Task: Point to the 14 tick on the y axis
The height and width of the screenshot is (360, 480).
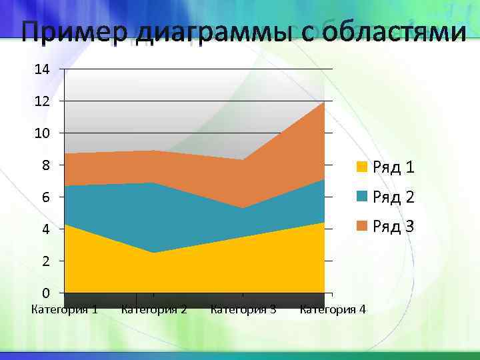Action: click(43, 69)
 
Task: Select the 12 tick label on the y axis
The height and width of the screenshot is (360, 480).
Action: click(43, 101)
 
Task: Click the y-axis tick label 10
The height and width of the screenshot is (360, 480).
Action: click(43, 133)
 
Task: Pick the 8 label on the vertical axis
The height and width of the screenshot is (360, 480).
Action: click(45, 165)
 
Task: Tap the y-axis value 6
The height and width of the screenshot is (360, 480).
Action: click(45, 197)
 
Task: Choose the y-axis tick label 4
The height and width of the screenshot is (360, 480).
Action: click(45, 229)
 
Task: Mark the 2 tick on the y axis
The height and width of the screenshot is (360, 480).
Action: click(45, 261)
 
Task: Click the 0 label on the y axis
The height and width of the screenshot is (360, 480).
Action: click(45, 293)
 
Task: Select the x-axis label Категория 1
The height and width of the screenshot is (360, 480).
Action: click(65, 309)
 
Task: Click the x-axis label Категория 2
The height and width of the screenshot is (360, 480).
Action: click(154, 309)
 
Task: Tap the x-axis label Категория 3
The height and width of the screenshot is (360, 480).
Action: click(243, 309)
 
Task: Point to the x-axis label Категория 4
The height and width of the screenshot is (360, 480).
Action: click(333, 309)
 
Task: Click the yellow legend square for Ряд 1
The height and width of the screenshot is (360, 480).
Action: click(362, 167)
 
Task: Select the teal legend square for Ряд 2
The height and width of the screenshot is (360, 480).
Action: click(362, 197)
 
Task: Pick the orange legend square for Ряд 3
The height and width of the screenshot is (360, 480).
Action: click(362, 227)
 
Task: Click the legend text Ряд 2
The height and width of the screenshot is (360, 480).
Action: click(393, 197)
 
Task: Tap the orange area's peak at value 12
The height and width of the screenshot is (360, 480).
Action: click(323, 103)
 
